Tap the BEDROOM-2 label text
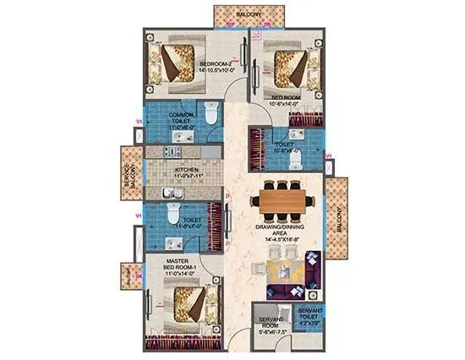pyautogui.click(x=216, y=64)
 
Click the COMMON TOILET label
pyautogui.click(x=183, y=118)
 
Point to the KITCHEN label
pyautogui.click(x=187, y=169)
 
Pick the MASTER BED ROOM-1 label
pyautogui.click(x=183, y=265)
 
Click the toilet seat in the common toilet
pyautogui.click(x=211, y=112)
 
